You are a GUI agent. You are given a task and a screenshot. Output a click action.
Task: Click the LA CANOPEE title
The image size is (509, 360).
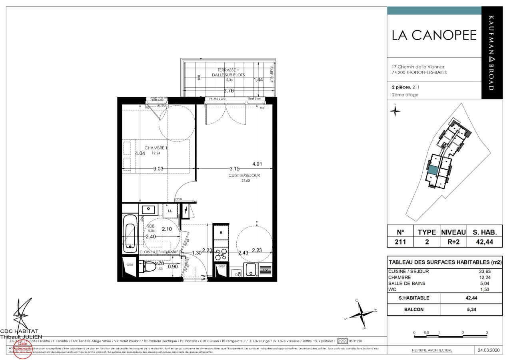point(434,36)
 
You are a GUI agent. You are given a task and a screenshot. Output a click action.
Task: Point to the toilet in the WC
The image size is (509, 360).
point(150,267)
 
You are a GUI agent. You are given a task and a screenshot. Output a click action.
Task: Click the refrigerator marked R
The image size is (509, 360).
point(221,232)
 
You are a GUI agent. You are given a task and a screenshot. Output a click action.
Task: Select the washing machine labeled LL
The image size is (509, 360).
point(170,210)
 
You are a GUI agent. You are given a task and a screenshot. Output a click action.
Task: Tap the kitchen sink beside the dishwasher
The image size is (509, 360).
point(250,270)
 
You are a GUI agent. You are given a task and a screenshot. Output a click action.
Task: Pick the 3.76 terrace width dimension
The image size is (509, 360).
point(229,90)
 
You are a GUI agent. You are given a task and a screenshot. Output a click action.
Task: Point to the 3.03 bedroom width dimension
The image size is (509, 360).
point(158,169)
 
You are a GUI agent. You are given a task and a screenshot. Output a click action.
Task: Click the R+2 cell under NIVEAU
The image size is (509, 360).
point(453,242)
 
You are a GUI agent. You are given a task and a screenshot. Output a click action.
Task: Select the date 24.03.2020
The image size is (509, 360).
point(489,350)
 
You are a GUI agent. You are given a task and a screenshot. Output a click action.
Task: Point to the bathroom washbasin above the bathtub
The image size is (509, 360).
point(148,209)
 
